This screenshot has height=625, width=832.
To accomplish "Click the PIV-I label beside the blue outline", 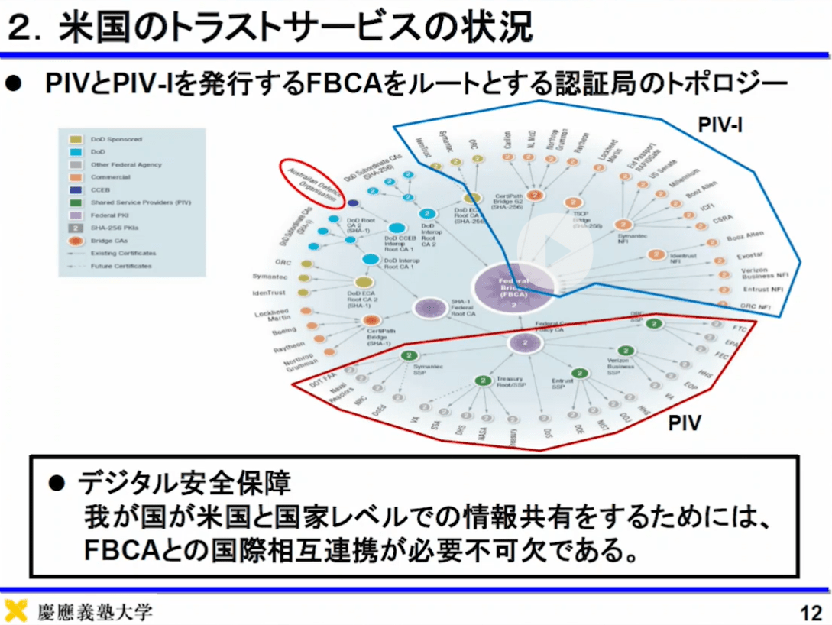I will (x=720, y=124).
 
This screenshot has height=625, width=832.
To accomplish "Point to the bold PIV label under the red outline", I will (x=685, y=423).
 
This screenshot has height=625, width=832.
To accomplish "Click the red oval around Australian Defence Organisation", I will (x=312, y=182).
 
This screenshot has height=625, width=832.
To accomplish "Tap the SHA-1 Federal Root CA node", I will (x=429, y=307).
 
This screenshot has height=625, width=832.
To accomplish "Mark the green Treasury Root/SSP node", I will (x=482, y=381).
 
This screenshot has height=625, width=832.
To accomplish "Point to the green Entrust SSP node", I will (x=580, y=374).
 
